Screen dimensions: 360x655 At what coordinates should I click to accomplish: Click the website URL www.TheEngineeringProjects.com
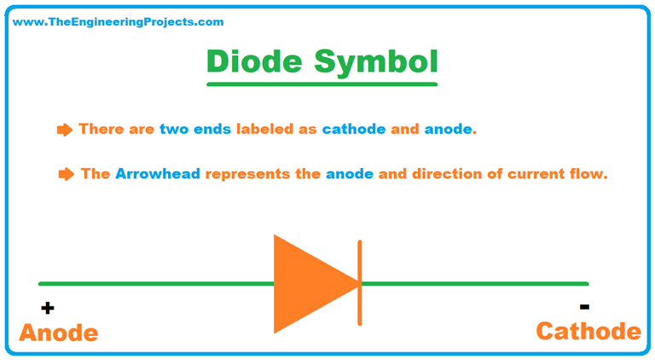tap(119, 22)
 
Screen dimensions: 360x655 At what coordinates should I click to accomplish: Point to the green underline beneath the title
tap(322, 84)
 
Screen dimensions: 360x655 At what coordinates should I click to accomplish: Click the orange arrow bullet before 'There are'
tap(65, 130)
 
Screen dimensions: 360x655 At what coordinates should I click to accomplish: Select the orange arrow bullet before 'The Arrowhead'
tap(66, 174)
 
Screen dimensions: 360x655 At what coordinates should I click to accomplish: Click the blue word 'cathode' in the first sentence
tap(354, 130)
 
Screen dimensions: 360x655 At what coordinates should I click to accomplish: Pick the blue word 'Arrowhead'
tap(157, 174)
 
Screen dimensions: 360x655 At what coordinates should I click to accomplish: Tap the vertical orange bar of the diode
tap(360, 283)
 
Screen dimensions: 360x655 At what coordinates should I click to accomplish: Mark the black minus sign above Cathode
tap(584, 305)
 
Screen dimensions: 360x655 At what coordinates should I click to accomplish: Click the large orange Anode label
tap(58, 334)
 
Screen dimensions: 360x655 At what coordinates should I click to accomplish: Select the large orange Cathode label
tap(588, 331)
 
